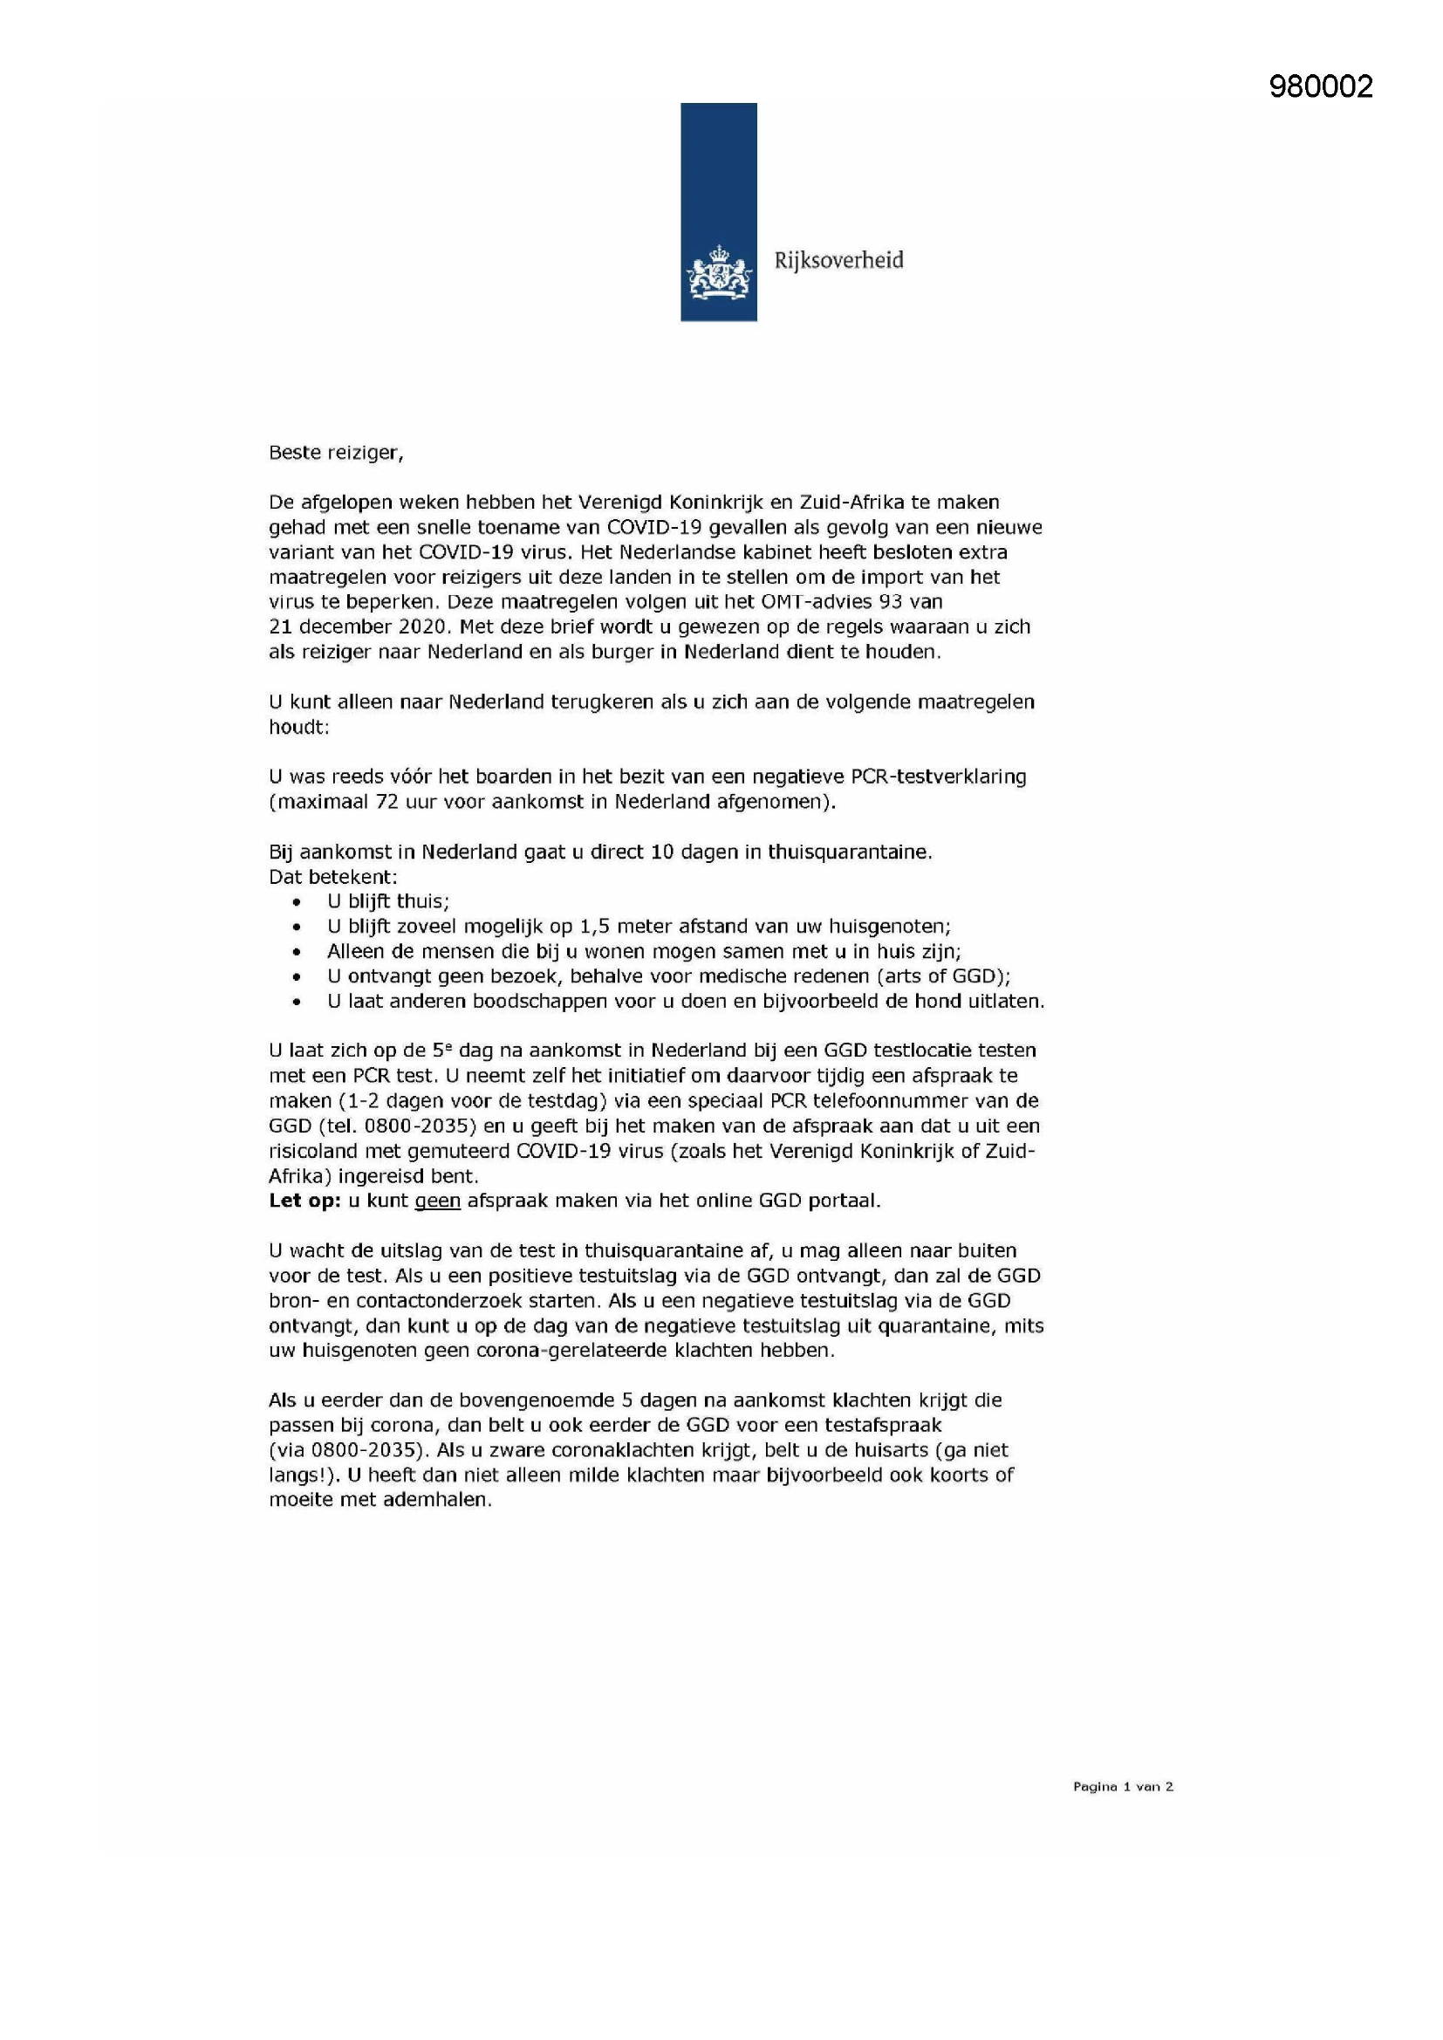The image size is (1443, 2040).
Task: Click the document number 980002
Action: tap(1320, 86)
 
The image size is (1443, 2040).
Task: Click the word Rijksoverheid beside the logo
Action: tap(838, 260)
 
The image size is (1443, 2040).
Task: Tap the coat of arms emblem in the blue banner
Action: tap(718, 274)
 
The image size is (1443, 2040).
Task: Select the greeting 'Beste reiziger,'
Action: tap(336, 452)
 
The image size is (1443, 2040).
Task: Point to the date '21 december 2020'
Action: tap(357, 626)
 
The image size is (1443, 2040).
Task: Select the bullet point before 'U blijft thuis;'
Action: tap(297, 902)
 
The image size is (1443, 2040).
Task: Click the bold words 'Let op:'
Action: tap(304, 1201)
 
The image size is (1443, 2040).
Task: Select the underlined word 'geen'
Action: tap(438, 1201)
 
